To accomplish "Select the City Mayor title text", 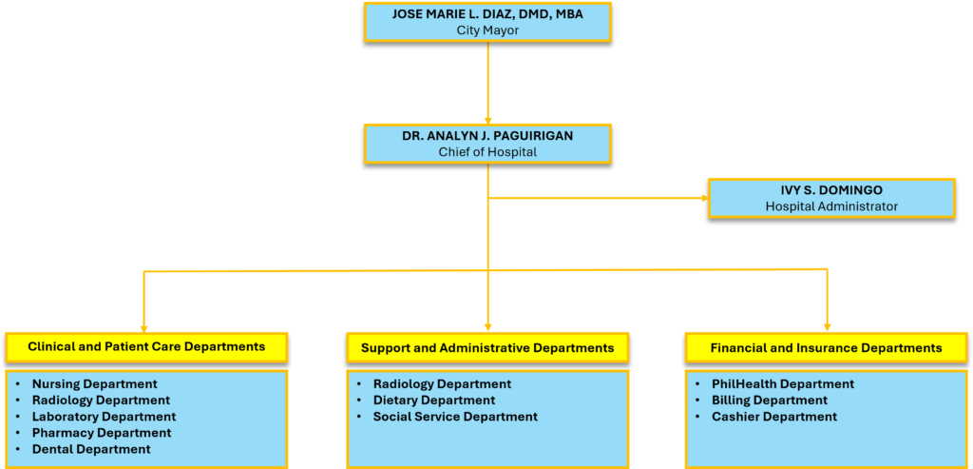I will (x=486, y=30).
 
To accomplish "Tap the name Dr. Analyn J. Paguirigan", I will (x=486, y=136).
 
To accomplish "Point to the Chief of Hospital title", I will (x=486, y=152).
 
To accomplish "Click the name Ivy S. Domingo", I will (x=831, y=190).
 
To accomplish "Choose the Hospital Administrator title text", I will (x=831, y=206).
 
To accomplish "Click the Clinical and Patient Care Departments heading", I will (x=146, y=347).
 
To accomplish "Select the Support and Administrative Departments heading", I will (x=487, y=348).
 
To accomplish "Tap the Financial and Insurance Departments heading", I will (x=826, y=348).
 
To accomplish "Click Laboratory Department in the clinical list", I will (x=104, y=417).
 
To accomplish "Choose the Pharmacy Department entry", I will (x=102, y=433).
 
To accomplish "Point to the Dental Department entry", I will (x=91, y=449).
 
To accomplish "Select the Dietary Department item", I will (x=434, y=401).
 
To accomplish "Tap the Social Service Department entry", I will (x=455, y=417).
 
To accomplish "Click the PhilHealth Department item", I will (x=783, y=384).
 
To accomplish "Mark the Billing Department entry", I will (x=770, y=401).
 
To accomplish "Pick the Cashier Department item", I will (x=774, y=417).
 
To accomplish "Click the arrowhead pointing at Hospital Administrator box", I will (x=704, y=199).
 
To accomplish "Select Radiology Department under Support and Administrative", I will (x=442, y=384).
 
